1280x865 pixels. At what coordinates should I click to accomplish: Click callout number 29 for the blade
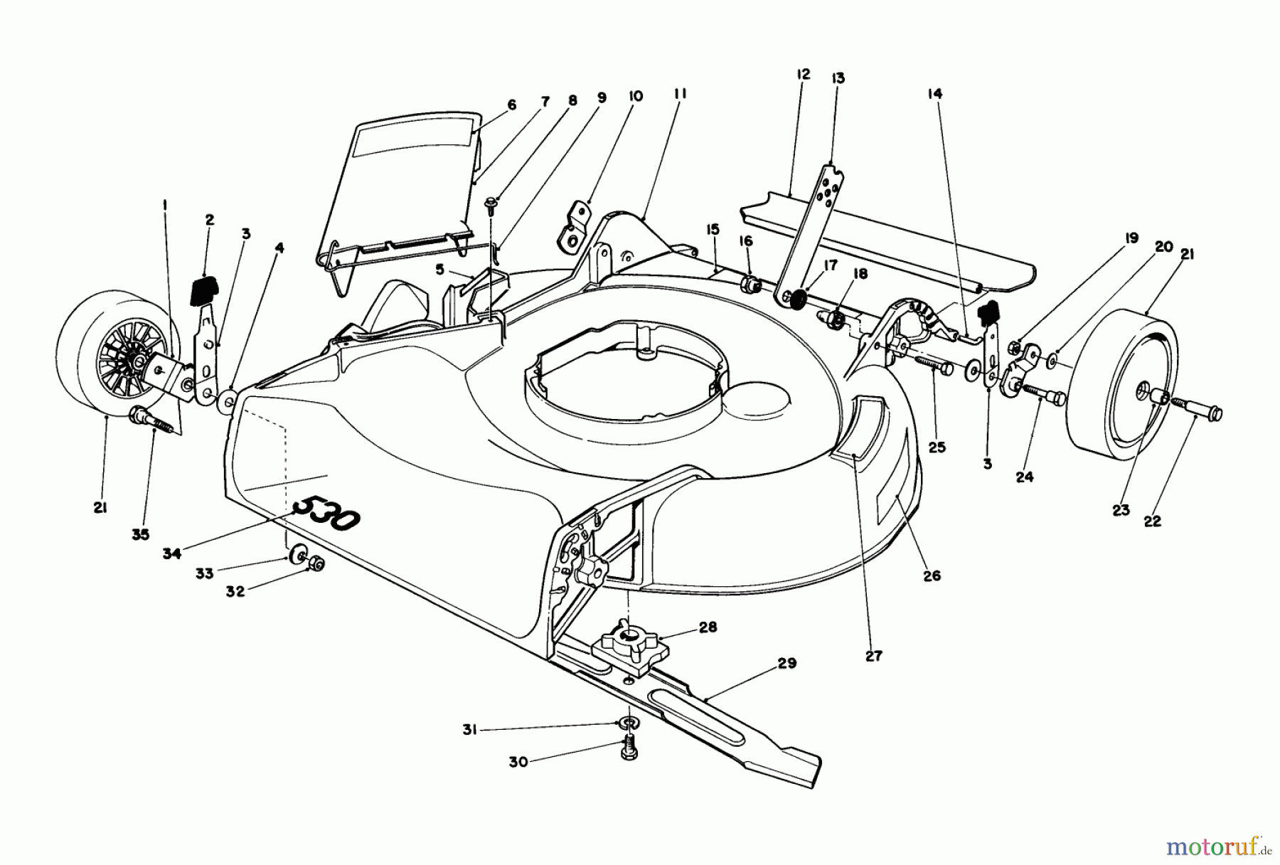pos(787,664)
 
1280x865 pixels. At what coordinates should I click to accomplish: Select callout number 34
pos(171,553)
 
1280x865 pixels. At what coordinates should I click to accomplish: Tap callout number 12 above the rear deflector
pos(804,74)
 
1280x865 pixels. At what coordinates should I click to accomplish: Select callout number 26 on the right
pos(932,575)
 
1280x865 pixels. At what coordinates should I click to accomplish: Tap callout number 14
pos(934,92)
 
